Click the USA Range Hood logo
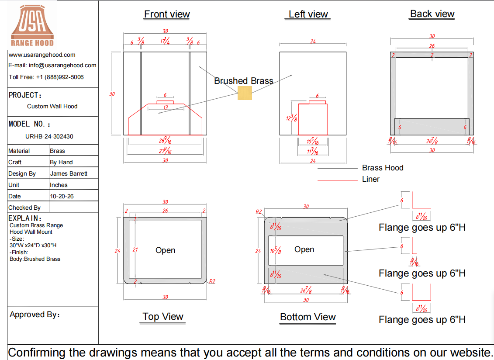point(32,25)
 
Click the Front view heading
point(167,14)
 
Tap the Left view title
point(308,14)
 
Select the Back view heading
point(432,14)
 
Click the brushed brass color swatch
point(245,93)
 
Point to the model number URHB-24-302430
point(49,136)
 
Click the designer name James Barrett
point(69,174)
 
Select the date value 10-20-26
point(62,197)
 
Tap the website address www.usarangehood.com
point(42,55)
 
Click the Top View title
point(163,316)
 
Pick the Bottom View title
point(308,317)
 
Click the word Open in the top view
point(166,250)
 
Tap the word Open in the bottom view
point(304,249)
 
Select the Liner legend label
point(371,179)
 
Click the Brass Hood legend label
point(383,168)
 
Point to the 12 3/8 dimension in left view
point(291,118)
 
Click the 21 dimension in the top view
point(135,249)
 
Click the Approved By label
point(35,315)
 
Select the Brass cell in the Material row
point(57,151)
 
